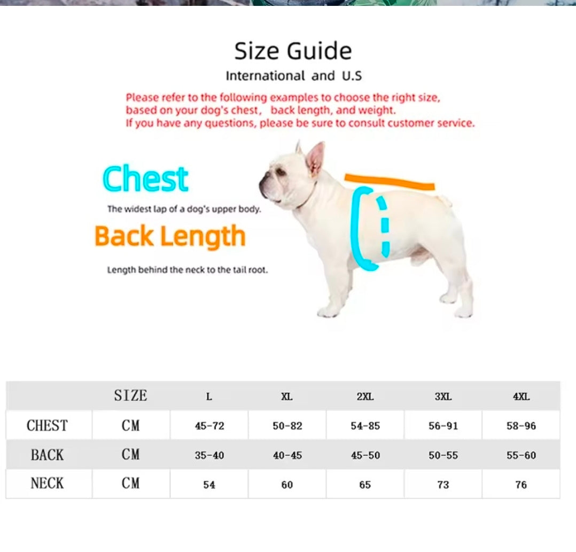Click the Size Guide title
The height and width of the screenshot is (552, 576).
point(293,51)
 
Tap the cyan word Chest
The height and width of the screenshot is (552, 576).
point(145,180)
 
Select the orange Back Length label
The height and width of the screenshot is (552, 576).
point(170,236)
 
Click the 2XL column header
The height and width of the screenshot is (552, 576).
point(365,397)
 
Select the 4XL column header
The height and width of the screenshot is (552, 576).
point(521,397)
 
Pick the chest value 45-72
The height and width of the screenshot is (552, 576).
point(209,426)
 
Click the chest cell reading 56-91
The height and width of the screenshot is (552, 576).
point(443,426)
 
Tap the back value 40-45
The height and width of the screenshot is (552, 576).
point(287,455)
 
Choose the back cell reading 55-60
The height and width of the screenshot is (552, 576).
point(521,455)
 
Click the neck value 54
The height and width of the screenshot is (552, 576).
point(209,485)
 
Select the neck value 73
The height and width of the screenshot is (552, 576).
point(443,485)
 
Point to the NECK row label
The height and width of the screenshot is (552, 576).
point(47,484)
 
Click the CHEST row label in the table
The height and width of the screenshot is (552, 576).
point(47,426)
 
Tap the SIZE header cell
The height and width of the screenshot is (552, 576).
point(130,396)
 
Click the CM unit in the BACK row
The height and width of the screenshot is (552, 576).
point(130,455)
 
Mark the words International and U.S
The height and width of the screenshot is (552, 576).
point(293,76)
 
